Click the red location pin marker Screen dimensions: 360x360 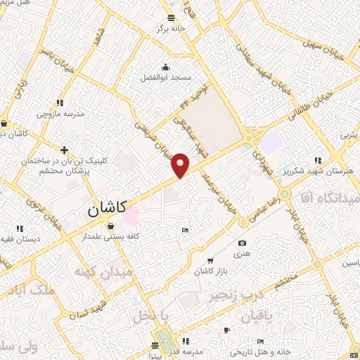pos(181,165)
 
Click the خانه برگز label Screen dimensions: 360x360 pos(172,28)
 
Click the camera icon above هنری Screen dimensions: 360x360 pos(242,243)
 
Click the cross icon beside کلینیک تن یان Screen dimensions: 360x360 pos(64,150)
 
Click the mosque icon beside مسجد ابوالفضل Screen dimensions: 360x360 pos(165,67)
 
